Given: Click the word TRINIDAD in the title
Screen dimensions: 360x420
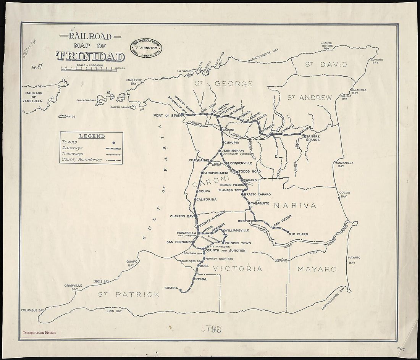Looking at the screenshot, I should (90, 57).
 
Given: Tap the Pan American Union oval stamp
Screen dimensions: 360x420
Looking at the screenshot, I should (146, 48).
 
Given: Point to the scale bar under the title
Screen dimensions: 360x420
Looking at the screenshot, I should (90, 69).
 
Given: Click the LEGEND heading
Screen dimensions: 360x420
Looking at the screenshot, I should (92, 136).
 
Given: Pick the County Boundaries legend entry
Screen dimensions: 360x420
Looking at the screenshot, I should (82, 160).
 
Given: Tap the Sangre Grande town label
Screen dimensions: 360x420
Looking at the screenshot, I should (312, 138).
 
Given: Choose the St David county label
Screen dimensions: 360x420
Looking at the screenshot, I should (326, 65).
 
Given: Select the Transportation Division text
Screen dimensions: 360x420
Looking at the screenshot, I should (39, 333).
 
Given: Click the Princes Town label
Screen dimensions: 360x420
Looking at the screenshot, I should (238, 243).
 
